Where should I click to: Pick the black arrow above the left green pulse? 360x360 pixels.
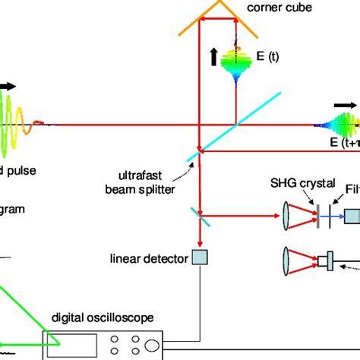click(8, 87)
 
